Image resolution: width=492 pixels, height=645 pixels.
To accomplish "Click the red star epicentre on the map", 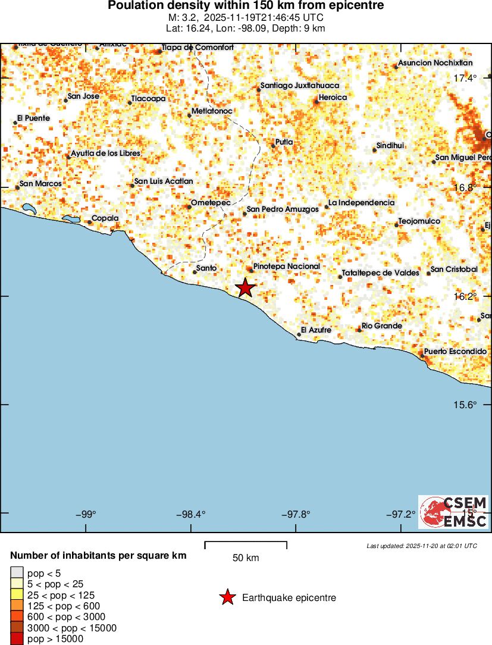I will tap(245, 288).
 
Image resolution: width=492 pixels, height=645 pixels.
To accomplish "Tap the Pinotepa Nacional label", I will tap(287, 267).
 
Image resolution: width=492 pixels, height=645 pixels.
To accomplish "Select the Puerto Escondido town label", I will tap(455, 352).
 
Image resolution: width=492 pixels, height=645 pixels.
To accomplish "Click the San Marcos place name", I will tap(40, 184).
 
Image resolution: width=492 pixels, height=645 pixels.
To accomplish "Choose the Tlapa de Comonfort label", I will tap(198, 48).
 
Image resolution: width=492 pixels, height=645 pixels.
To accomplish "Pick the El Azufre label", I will tap(316, 330).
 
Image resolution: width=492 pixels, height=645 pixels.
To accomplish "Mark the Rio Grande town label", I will tap(382, 326).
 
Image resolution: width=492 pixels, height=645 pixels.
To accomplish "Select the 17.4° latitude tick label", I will tap(465, 79).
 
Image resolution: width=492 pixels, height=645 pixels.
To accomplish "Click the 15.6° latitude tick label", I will tap(465, 405).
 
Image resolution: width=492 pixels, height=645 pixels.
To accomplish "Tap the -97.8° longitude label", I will tap(296, 514).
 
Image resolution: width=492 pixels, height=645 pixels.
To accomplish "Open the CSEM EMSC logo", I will tap(453, 512).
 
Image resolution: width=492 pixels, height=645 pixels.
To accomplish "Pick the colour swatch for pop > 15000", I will tap(17, 639).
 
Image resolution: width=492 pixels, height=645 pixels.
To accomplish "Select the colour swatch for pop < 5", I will tap(17, 573).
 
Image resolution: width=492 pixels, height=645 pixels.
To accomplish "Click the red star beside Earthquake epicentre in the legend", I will tap(227, 597).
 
